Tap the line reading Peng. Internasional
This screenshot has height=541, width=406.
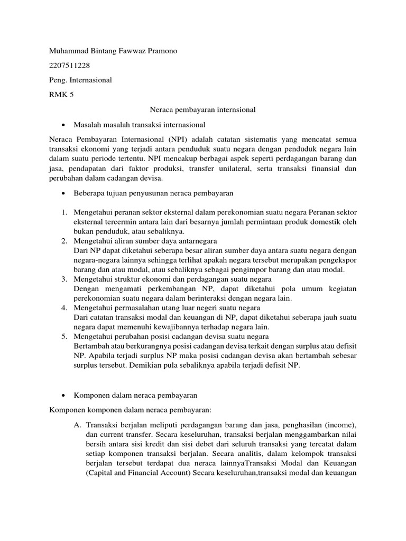(x=80, y=80)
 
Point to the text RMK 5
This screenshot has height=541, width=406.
(x=61, y=95)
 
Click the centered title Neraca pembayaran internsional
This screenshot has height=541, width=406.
(x=203, y=110)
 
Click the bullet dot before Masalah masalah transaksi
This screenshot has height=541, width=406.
(x=63, y=125)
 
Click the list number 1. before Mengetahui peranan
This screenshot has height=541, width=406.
(x=63, y=212)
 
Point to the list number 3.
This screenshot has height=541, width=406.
(x=63, y=279)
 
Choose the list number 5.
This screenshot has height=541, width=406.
(x=63, y=337)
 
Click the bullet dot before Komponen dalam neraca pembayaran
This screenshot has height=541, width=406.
(x=63, y=395)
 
